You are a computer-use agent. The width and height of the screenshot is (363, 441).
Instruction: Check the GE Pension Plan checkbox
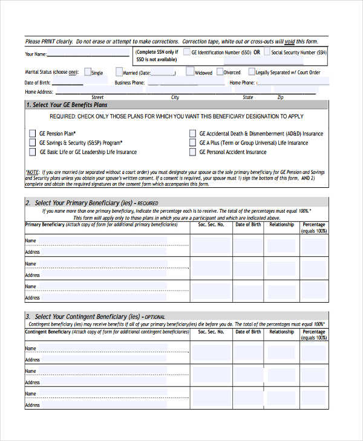pos(32,134)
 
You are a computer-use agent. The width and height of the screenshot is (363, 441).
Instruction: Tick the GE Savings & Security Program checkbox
pos(32,143)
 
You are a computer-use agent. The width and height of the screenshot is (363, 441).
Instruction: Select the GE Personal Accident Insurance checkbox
pos(192,152)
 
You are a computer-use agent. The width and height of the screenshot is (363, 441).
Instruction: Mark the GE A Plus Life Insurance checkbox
pos(192,143)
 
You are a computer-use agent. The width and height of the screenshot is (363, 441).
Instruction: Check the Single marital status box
pos(88,72)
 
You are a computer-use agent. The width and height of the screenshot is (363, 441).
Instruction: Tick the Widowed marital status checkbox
pos(190,72)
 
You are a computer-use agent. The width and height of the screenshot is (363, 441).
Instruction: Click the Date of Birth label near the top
pos(38,83)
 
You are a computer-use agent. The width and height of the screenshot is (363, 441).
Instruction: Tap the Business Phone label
pos(129,83)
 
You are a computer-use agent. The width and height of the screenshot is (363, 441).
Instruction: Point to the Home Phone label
pos(242,83)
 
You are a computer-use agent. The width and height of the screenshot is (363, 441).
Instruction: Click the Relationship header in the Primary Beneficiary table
pos(281,225)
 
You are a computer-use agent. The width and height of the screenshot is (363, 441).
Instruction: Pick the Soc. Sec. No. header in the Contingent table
pos(211,332)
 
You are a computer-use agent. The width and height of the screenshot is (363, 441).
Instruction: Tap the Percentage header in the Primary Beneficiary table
pos(313,225)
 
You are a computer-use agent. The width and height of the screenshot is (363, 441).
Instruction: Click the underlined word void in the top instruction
pos(289,42)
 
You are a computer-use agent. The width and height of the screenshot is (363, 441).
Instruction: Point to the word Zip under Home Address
pos(280,97)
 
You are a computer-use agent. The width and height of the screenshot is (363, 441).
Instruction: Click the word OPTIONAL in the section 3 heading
pos(155,317)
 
